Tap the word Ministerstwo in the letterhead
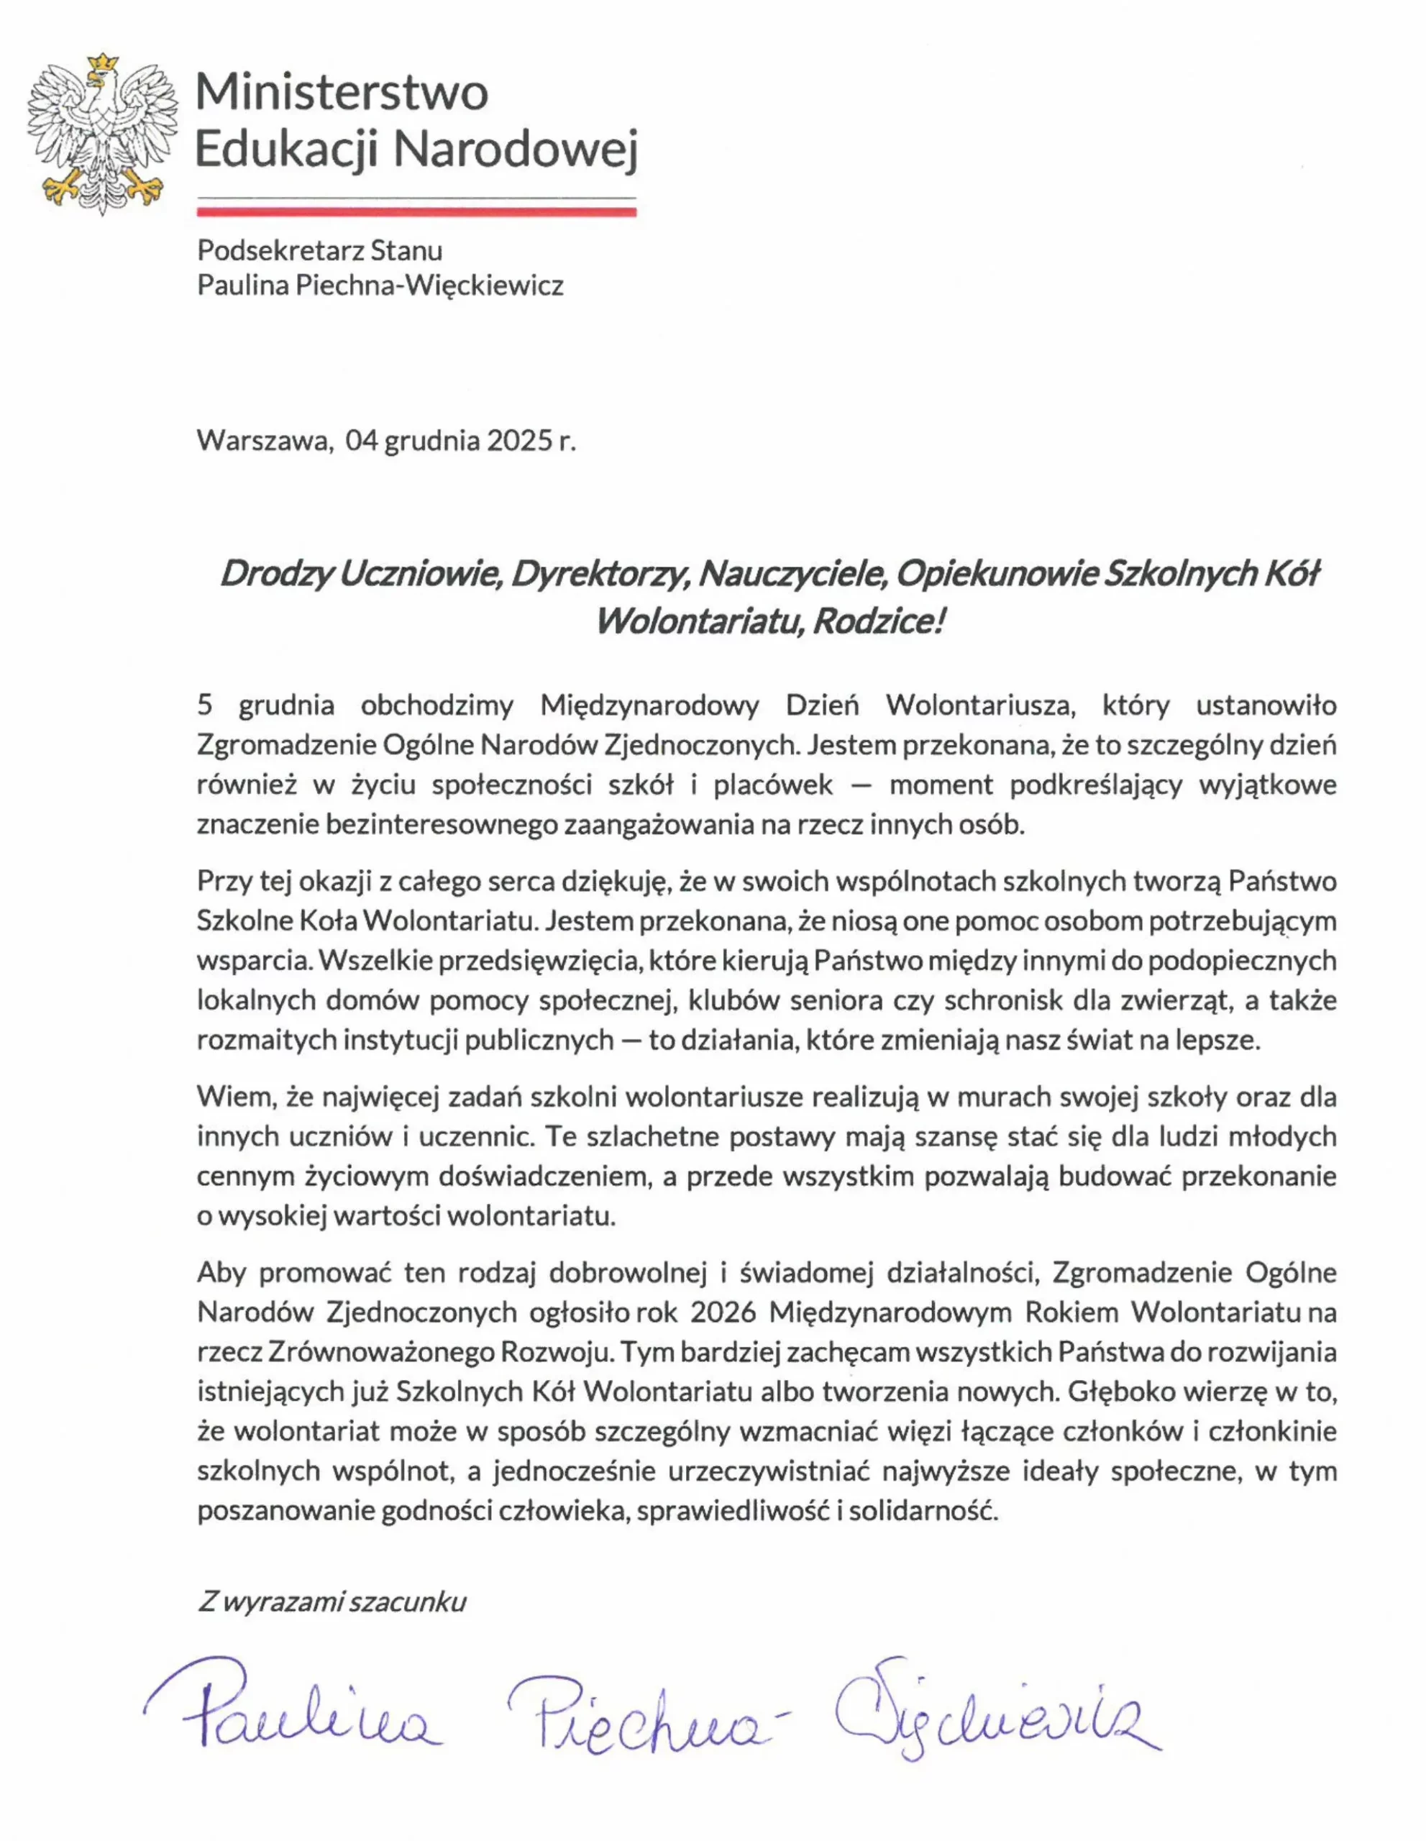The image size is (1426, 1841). tap(342, 92)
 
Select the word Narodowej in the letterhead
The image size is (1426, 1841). tap(516, 149)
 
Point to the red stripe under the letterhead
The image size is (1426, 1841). tap(416, 212)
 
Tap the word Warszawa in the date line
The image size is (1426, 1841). tap(261, 440)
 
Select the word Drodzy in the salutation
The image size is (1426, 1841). tap(273, 574)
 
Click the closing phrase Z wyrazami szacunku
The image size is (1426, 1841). tap(332, 1602)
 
